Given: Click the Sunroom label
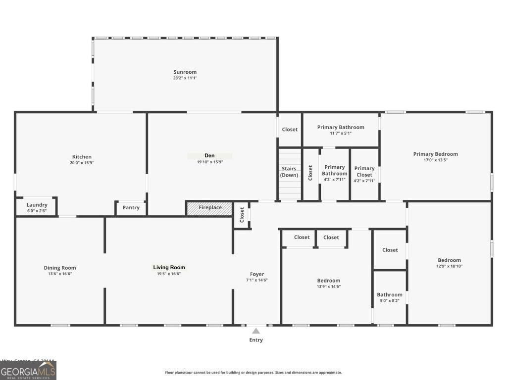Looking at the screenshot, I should (185, 72).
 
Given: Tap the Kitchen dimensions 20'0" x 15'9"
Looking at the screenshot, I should (82, 163).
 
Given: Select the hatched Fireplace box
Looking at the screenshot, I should (209, 208).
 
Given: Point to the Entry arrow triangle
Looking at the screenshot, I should (256, 331).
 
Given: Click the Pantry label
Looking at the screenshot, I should (131, 208).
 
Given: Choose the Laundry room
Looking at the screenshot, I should (37, 207).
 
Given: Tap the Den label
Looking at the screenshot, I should (209, 156).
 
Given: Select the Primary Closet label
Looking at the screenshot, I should (364, 171).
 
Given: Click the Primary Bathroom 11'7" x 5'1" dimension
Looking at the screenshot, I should (341, 133).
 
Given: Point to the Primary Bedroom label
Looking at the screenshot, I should (435, 154).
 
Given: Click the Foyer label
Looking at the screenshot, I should (257, 274).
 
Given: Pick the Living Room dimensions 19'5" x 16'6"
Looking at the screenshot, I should (169, 274).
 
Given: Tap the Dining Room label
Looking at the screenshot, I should (59, 268).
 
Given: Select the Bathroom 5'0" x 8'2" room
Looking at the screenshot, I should (390, 297).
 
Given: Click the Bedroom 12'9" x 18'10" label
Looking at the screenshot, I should (449, 260).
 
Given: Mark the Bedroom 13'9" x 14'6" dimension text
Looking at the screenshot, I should (329, 286).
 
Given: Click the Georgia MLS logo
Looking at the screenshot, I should (28, 371).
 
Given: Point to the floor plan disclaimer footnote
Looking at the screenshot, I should (253, 373).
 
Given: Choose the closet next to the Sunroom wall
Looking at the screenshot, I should (290, 130).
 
